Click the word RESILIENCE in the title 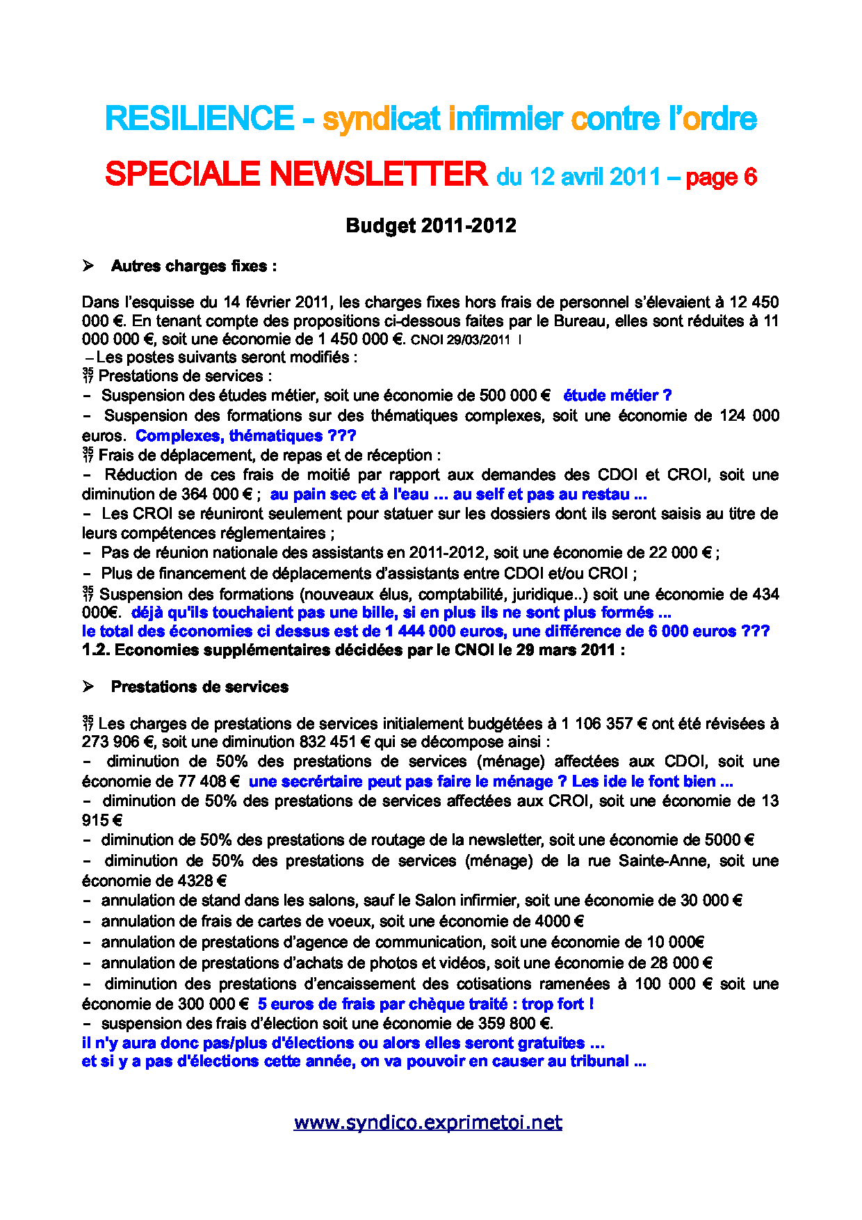pyautogui.click(x=200, y=119)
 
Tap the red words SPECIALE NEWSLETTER pyautogui.click(x=296, y=174)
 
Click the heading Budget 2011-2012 pyautogui.click(x=431, y=225)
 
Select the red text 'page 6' pyautogui.click(x=721, y=177)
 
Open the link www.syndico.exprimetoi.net pyautogui.click(x=428, y=1122)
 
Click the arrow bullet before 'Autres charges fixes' pyautogui.click(x=88, y=266)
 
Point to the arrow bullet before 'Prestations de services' pyautogui.click(x=88, y=687)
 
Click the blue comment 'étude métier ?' pyautogui.click(x=617, y=396)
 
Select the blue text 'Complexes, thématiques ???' pyautogui.click(x=245, y=436)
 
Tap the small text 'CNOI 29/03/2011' pyautogui.click(x=460, y=340)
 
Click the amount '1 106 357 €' pyautogui.click(x=603, y=723)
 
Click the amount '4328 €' pyautogui.click(x=202, y=881)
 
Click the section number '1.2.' pyautogui.click(x=96, y=650)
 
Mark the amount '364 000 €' pyautogui.click(x=216, y=495)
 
